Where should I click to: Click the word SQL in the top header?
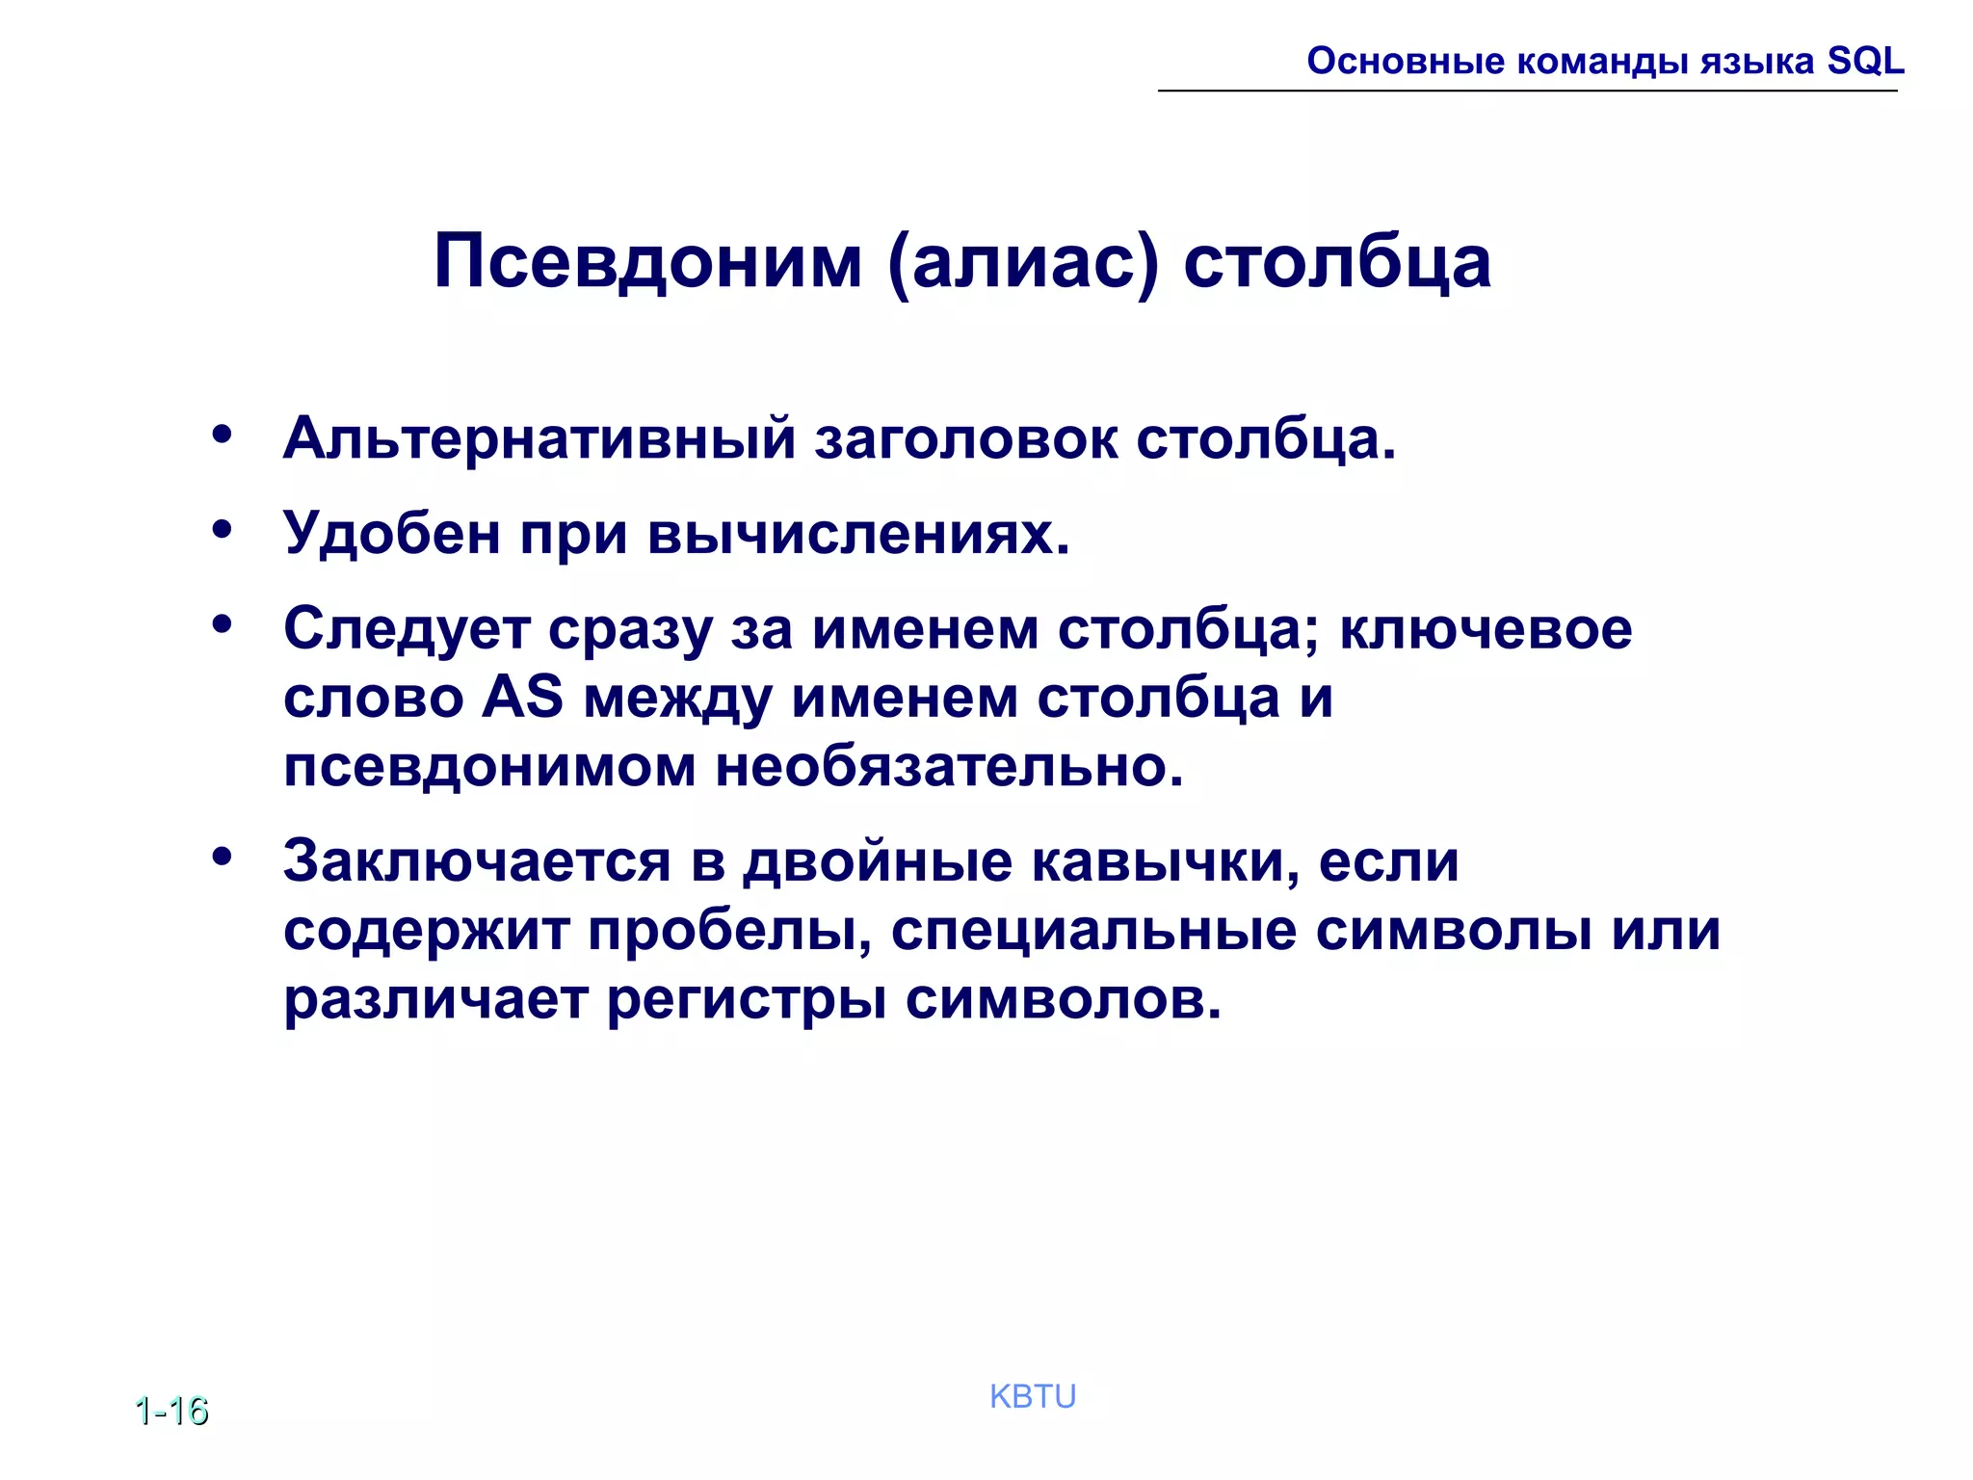tap(1865, 62)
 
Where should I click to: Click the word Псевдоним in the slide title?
tap(647, 262)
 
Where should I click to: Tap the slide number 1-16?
tap(171, 1411)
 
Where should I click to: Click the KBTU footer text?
tap(1033, 1396)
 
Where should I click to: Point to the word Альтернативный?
tap(539, 439)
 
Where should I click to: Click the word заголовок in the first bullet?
tap(965, 439)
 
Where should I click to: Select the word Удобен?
tap(391, 533)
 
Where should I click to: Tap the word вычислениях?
tap(858, 533)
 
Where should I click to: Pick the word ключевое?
tap(1486, 629)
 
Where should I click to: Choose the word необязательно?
tap(949, 767)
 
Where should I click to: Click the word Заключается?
tap(477, 860)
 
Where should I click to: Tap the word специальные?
tap(1093, 931)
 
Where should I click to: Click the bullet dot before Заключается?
tap(223, 856)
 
